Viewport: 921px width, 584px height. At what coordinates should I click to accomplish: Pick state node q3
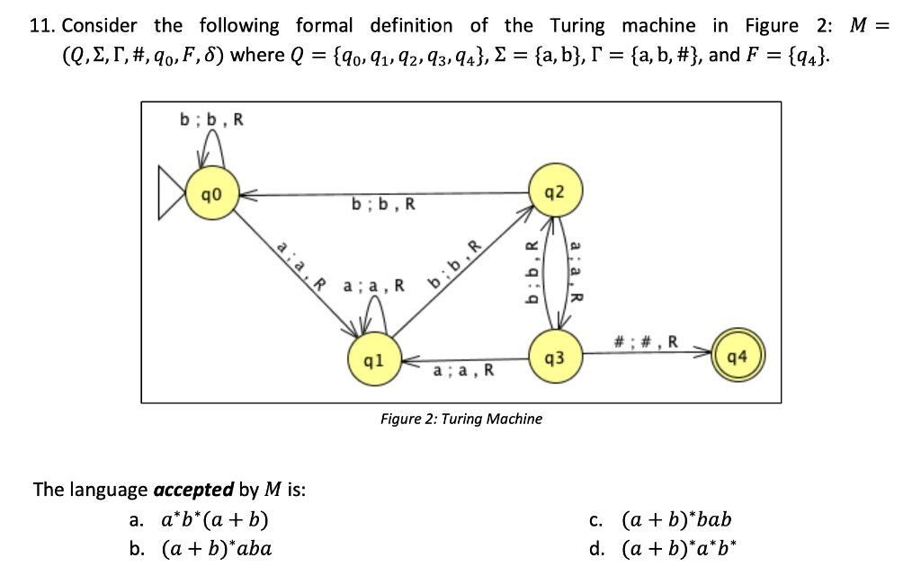(x=555, y=358)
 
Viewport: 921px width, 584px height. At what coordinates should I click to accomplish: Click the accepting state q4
(x=738, y=358)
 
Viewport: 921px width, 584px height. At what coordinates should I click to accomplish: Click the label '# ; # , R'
(x=645, y=341)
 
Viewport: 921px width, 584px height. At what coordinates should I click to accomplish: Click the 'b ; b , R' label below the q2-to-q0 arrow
(x=384, y=204)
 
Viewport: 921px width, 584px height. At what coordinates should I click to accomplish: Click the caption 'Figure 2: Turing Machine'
(x=460, y=419)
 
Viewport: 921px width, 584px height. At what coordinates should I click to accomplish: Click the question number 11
(x=41, y=25)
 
